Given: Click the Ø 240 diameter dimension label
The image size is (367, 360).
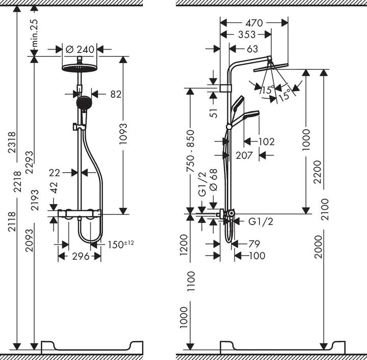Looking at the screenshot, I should tap(81, 49).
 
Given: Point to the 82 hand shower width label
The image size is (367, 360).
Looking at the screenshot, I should tap(116, 94).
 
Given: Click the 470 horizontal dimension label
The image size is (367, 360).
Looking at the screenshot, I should tap(253, 22).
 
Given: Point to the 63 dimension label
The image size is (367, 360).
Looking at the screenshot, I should tap(252, 49).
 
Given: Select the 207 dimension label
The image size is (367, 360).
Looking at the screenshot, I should tap(244, 155).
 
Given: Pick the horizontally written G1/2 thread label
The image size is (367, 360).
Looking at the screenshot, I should tap(260, 221).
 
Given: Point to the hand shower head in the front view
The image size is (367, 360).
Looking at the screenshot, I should tap(82, 103).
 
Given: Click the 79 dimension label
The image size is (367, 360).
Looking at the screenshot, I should tap(254, 244).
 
